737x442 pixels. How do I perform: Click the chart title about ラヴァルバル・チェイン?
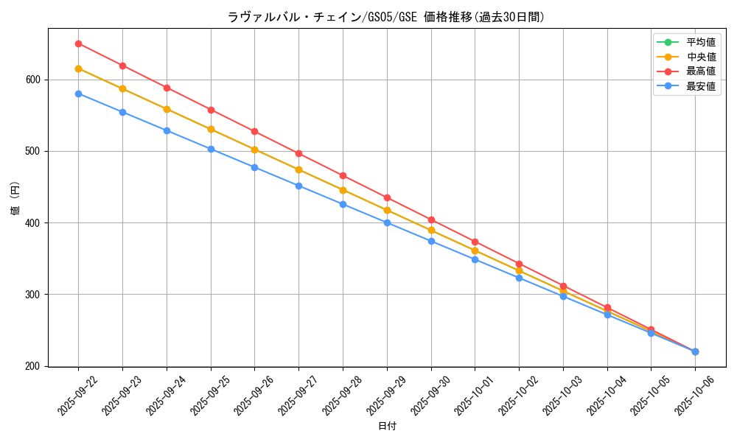tap(387, 17)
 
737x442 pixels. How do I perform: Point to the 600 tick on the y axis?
tap(34, 80)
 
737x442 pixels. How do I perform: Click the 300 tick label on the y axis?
tap(34, 295)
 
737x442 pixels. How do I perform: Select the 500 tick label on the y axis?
tap(34, 151)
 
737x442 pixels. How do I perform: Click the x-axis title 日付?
tap(387, 427)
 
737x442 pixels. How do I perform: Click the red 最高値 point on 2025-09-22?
tap(78, 43)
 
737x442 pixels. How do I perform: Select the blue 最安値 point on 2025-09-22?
tap(78, 94)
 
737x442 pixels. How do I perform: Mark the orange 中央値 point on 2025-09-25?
tap(211, 130)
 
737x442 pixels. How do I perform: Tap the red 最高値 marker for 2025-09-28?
tap(343, 175)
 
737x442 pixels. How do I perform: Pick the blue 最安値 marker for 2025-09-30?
tap(431, 241)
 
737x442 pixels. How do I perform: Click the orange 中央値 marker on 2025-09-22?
tap(78, 69)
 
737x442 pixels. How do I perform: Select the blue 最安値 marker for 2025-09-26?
tap(254, 167)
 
